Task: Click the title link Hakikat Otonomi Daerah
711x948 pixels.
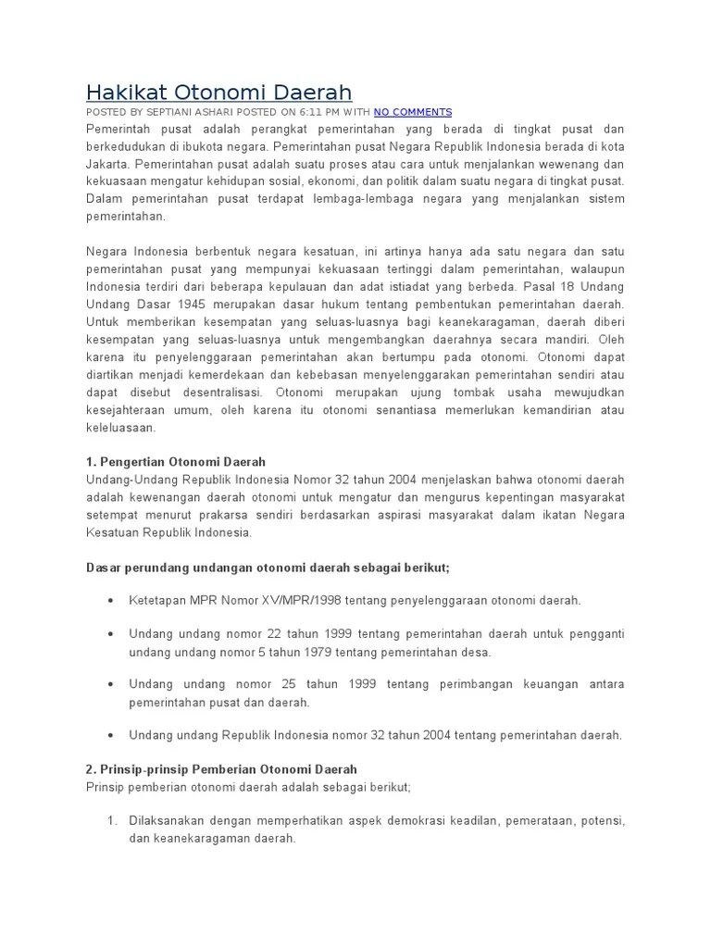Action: click(218, 92)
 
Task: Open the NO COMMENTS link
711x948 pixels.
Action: click(413, 112)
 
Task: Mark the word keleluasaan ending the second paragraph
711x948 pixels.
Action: click(122, 428)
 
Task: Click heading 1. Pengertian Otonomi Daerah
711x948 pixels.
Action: click(176, 462)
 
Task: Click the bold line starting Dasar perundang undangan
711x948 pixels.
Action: click(268, 567)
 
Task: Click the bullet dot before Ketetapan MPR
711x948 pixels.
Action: click(111, 601)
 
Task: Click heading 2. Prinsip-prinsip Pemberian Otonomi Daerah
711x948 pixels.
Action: click(221, 769)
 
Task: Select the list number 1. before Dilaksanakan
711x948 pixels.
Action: click(111, 821)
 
